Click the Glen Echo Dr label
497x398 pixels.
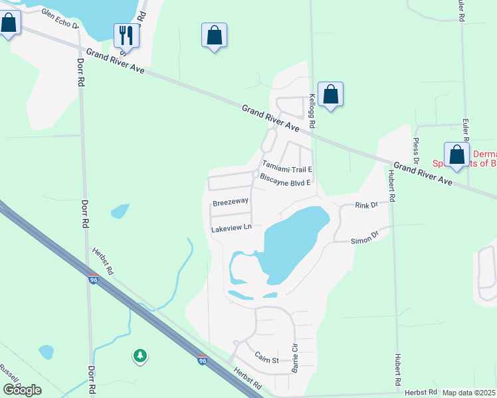pyautogui.click(x=60, y=20)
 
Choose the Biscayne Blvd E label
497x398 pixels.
pyautogui.click(x=285, y=180)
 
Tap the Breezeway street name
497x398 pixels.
pyautogui.click(x=230, y=201)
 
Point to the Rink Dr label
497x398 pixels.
pyautogui.click(x=366, y=205)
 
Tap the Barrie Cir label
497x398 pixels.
pyautogui.click(x=294, y=359)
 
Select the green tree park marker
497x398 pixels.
pyautogui.click(x=140, y=356)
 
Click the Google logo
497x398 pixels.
pyautogui.click(x=22, y=390)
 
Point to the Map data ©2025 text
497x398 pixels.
pyautogui.click(x=468, y=393)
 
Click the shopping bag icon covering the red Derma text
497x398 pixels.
pyautogui.click(x=456, y=155)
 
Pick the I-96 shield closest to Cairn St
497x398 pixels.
pyautogui.click(x=202, y=360)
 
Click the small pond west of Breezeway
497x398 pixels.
pyautogui.click(x=120, y=211)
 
